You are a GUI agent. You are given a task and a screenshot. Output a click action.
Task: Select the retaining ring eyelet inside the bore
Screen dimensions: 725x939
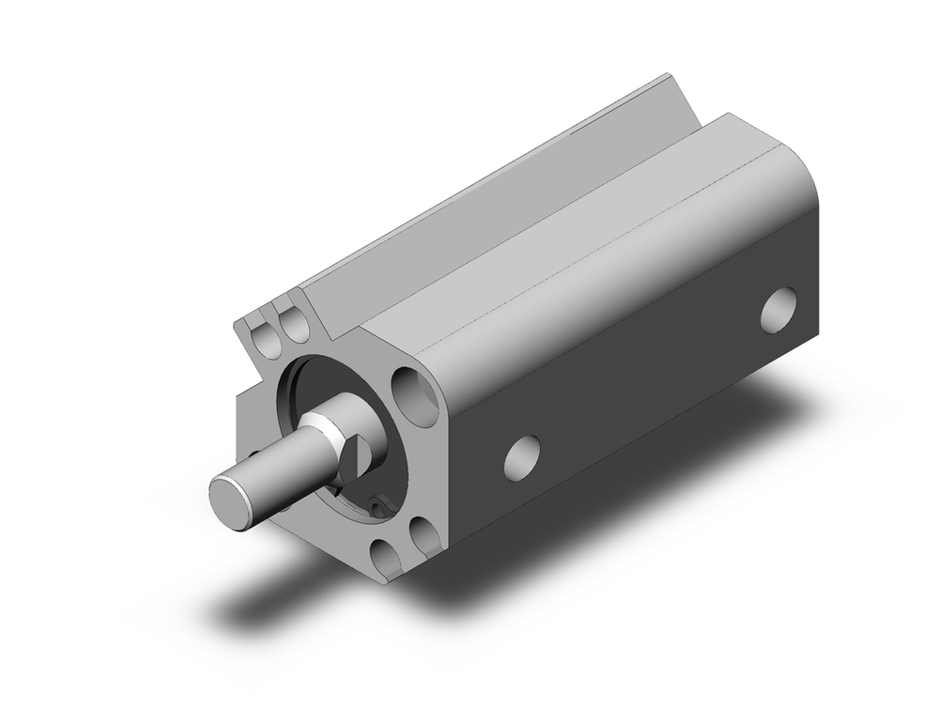coord(378,508)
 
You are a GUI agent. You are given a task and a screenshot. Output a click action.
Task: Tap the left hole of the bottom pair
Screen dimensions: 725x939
coord(385,558)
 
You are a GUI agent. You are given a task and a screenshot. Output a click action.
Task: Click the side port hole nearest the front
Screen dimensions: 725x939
coord(522,455)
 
